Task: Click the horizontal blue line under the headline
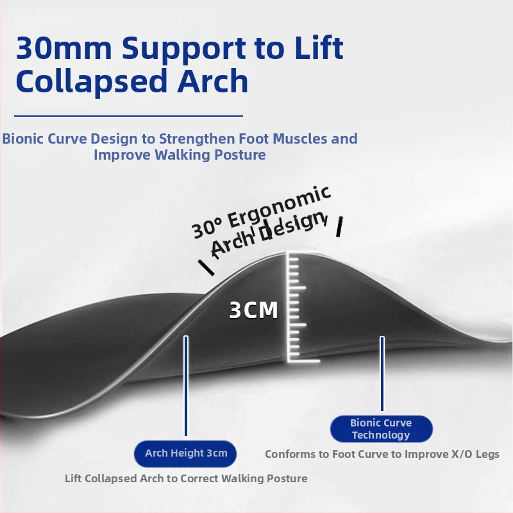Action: tap(128, 116)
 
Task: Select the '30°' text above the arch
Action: tap(207, 227)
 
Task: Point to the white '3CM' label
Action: tap(254, 311)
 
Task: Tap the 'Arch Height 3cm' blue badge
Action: tap(185, 453)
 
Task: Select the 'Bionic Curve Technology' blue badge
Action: tap(381, 429)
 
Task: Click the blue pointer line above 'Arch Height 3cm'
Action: tap(186, 385)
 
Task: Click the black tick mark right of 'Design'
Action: tap(339, 226)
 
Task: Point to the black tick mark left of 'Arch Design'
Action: tap(206, 267)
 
